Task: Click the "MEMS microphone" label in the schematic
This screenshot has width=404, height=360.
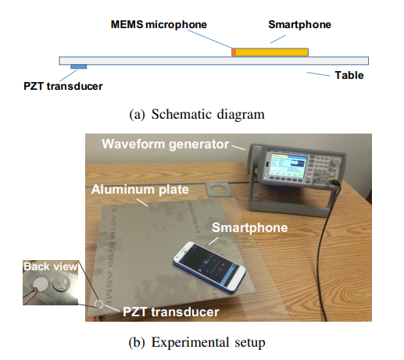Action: [159, 24]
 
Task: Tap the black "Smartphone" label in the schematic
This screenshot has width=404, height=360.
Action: [299, 25]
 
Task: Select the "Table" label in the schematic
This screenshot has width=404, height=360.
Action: [349, 75]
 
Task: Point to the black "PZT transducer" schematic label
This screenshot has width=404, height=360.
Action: [63, 86]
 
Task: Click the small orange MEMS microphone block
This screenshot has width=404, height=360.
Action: [234, 52]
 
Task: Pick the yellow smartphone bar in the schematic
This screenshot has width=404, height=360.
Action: [272, 52]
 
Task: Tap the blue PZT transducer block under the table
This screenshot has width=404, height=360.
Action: [78, 66]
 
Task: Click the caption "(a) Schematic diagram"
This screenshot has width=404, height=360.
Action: [197, 114]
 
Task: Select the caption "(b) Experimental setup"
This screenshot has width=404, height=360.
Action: [197, 342]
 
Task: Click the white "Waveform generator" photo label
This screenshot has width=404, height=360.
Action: [166, 144]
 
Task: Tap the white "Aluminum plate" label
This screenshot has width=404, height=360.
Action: [140, 190]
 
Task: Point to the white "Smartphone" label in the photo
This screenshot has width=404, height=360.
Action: [250, 227]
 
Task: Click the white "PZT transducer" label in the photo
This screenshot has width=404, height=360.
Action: [171, 312]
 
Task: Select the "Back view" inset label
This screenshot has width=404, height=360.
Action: [50, 266]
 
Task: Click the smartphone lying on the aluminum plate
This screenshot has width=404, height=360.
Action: [209, 268]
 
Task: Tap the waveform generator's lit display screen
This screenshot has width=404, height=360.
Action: [288, 164]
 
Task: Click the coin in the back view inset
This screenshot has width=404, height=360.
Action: [61, 284]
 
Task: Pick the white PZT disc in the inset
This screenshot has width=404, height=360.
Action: [41, 284]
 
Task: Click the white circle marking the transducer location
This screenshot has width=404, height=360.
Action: [98, 304]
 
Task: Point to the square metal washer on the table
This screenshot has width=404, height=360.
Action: [217, 189]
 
